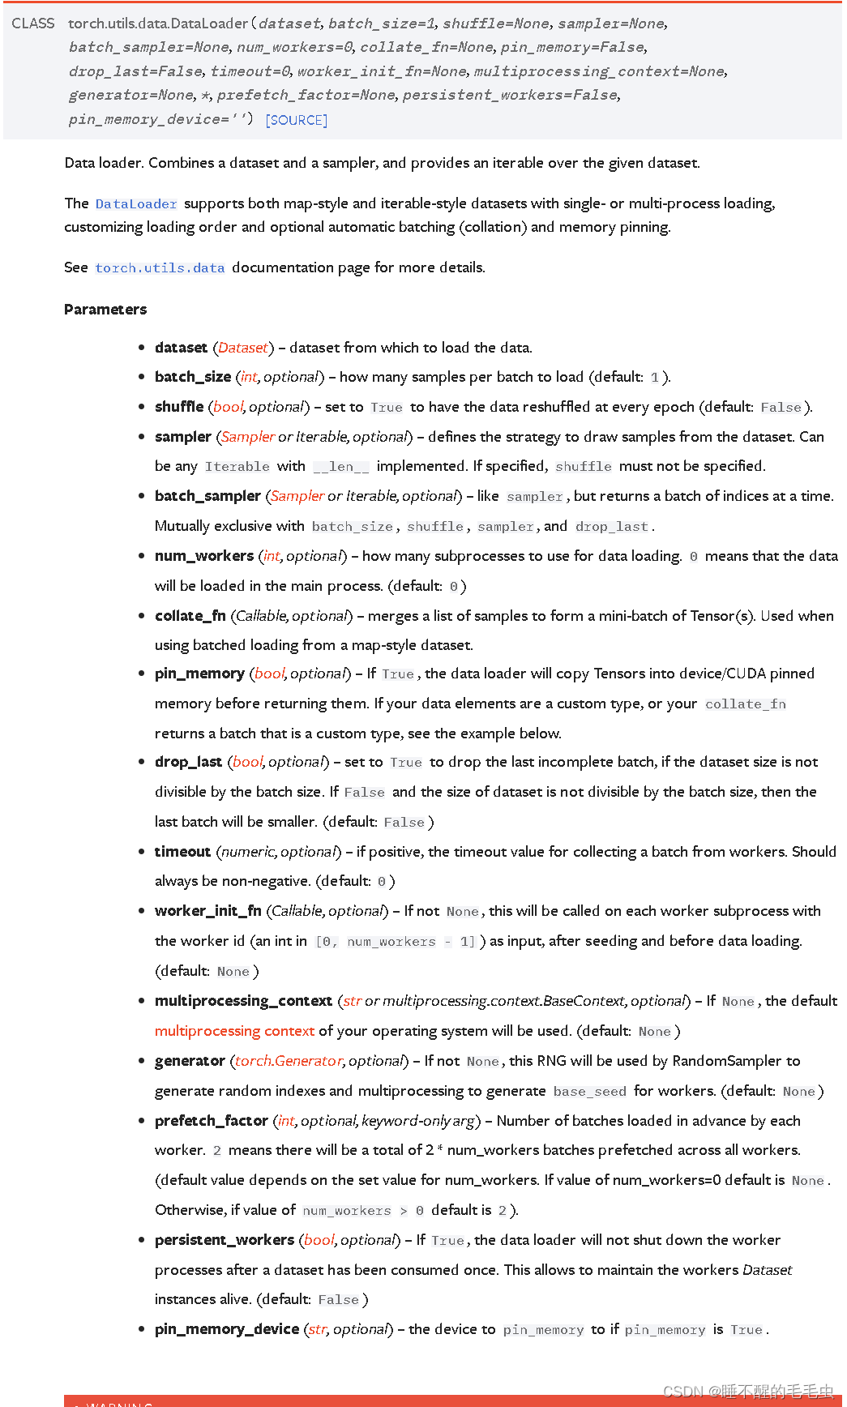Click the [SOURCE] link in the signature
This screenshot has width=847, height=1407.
(297, 120)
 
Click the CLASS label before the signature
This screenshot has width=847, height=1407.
(33, 24)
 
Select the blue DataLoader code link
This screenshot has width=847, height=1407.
(136, 204)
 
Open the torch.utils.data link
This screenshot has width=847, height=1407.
(160, 268)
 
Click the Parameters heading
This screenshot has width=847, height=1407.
(105, 310)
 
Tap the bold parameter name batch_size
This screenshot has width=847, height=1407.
(193, 377)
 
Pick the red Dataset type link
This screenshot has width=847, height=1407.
(243, 348)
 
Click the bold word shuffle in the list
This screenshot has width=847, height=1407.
(179, 407)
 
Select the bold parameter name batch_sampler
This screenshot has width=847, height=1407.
(207, 496)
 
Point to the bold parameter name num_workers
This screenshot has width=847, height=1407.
(204, 556)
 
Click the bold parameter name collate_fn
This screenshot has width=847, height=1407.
(190, 616)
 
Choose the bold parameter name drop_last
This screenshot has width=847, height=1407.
(188, 762)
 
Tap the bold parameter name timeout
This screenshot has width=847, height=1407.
(182, 852)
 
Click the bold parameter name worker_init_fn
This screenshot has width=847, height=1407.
(208, 911)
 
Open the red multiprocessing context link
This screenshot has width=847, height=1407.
(234, 1031)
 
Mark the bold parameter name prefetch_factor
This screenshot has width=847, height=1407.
(212, 1121)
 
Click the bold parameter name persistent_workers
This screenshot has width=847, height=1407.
(225, 1240)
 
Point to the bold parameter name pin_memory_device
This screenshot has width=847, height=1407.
(227, 1329)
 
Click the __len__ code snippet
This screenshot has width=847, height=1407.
(341, 467)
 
